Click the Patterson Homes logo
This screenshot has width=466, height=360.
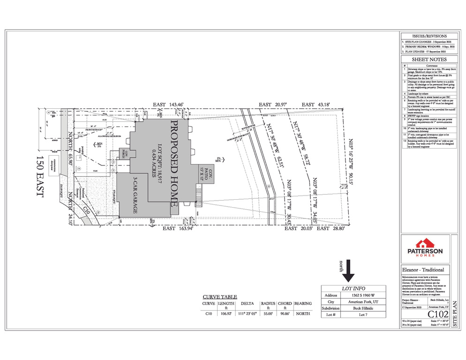(423, 247)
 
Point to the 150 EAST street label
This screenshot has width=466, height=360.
(39, 176)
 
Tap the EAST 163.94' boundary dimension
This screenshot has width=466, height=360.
(177, 229)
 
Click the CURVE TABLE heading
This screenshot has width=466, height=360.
(220, 297)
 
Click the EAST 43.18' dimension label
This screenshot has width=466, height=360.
(315, 105)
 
